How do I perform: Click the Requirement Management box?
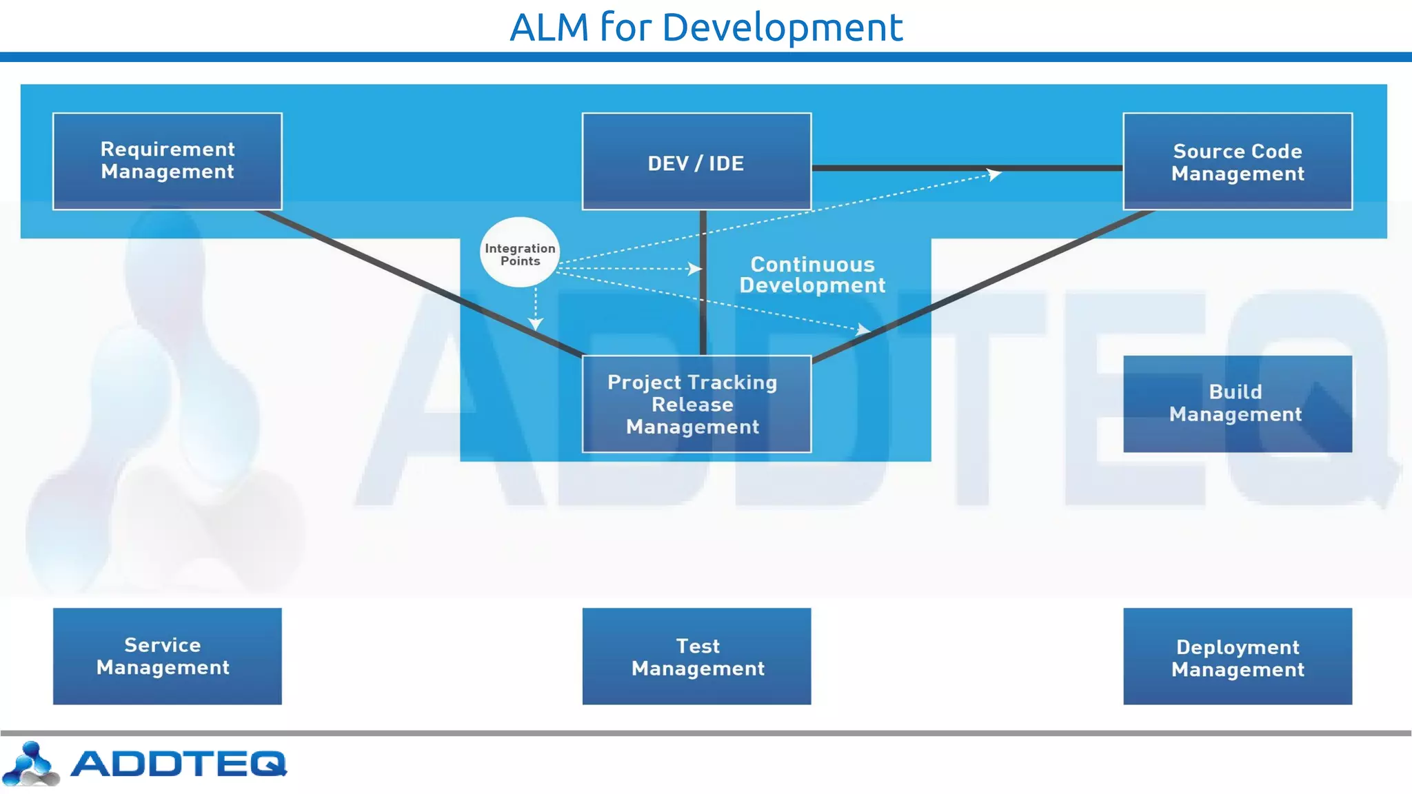coord(168,161)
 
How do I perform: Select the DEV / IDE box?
coord(696,162)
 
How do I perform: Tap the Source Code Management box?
coord(1238,162)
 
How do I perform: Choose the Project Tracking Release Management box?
coord(696,405)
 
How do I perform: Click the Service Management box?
coord(168,656)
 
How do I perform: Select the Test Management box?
coord(696,656)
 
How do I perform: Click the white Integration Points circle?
coord(519,252)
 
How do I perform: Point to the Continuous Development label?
coord(812,274)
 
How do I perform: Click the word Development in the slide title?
coord(782,28)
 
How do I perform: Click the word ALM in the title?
coord(549,28)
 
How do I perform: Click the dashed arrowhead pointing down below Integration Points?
coord(536,323)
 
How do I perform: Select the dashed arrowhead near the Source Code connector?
coord(994,174)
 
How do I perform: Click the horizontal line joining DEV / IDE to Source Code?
coord(896,167)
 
